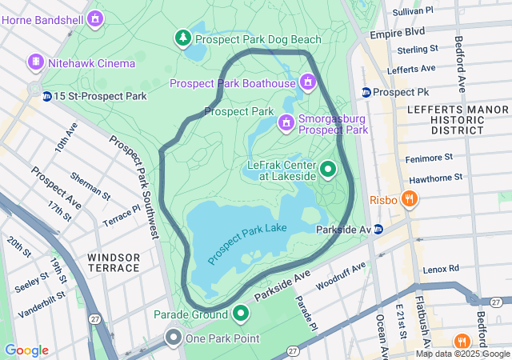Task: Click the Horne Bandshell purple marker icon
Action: pos(96,17)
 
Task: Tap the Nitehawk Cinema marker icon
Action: pos(35,62)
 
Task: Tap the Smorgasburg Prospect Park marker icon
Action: pos(286,122)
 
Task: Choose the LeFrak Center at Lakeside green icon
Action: pos(328,170)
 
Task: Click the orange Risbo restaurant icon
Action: pos(409,198)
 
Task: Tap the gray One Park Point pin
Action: pos(173,338)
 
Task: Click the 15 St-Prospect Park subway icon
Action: pos(47,97)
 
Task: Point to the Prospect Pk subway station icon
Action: pos(366,92)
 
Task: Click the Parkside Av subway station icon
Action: pos(378,230)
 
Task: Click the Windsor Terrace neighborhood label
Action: pos(114,262)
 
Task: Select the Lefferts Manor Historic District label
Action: pos(445,118)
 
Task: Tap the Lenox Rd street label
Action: pos(441,268)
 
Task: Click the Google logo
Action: pos(26,350)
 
